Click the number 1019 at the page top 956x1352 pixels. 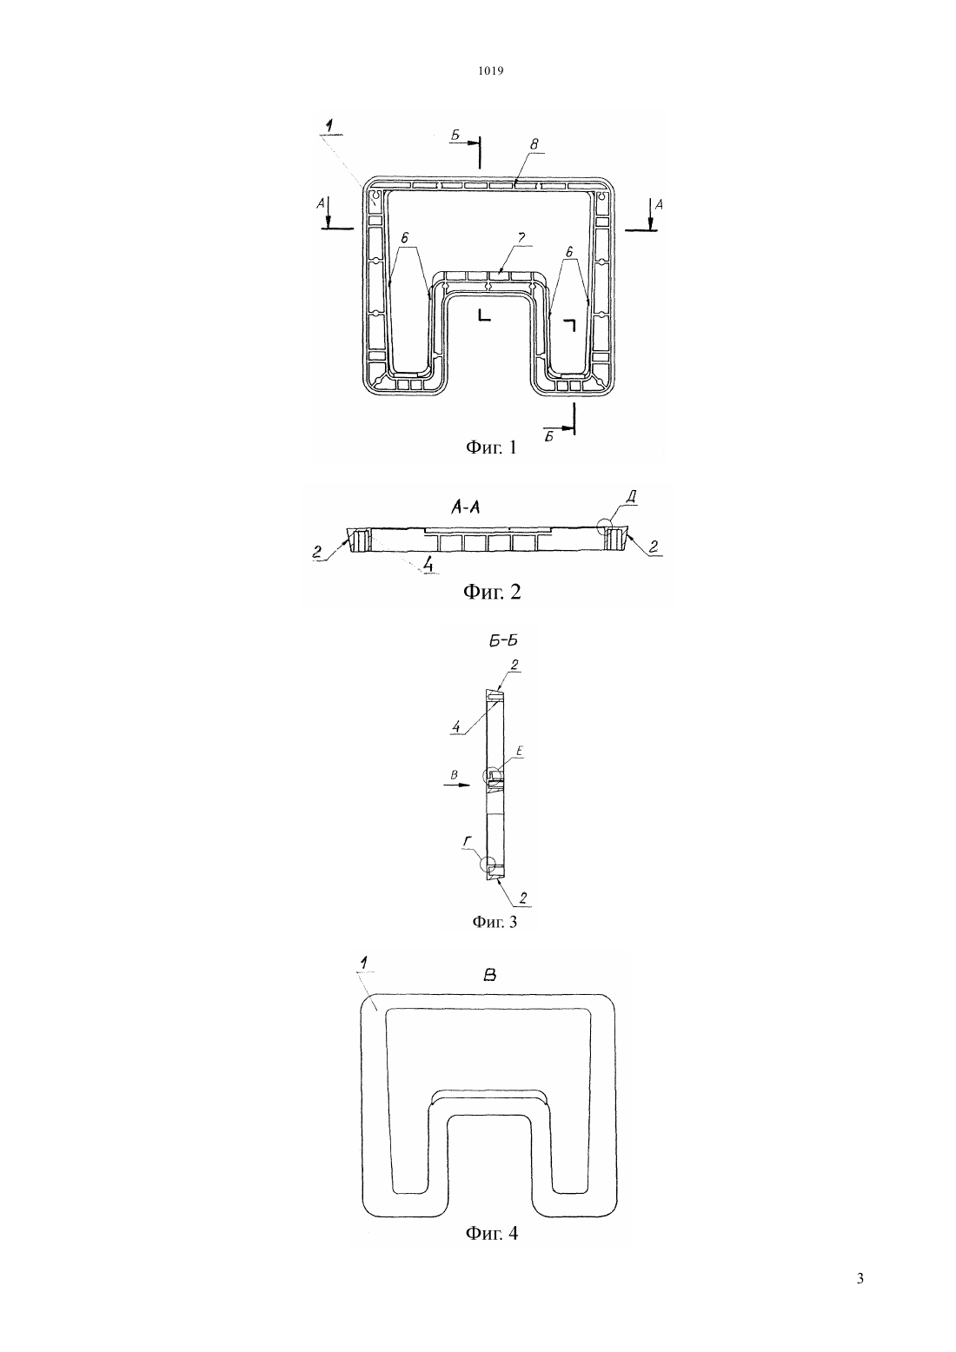491,71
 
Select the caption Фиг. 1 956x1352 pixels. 491,447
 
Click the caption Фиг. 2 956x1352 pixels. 492,592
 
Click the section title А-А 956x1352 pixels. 465,508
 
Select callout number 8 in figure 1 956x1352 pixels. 534,144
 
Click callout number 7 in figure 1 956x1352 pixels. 521,239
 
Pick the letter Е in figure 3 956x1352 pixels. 519,752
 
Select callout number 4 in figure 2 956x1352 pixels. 428,566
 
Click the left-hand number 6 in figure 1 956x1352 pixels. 404,238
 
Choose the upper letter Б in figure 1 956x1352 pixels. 455,136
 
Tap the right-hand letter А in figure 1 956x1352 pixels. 659,205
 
